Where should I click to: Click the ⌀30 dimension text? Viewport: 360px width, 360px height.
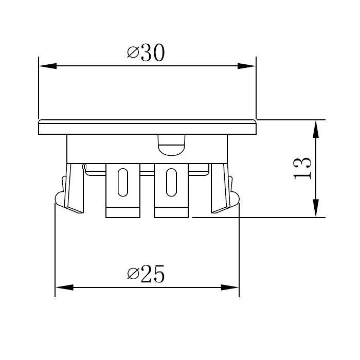pyautogui.click(x=146, y=52)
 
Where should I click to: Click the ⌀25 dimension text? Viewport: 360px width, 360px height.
pyautogui.click(x=146, y=274)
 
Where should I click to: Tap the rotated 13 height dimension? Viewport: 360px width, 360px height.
pyautogui.click(x=302, y=168)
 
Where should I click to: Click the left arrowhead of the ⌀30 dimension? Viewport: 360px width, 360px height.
pyautogui.click(x=47, y=66)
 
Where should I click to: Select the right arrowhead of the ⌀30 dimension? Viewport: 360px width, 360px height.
pyautogui.click(x=246, y=66)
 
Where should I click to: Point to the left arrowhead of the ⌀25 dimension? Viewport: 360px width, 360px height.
pyautogui.click(x=64, y=287)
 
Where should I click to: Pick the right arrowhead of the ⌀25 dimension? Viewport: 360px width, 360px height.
pyautogui.click(x=230, y=287)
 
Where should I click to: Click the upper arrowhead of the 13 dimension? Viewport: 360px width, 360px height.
pyautogui.click(x=316, y=129)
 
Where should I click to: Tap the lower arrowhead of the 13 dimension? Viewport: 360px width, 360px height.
pyautogui.click(x=316, y=208)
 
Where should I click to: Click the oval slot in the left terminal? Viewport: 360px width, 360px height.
pyautogui.click(x=123, y=182)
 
